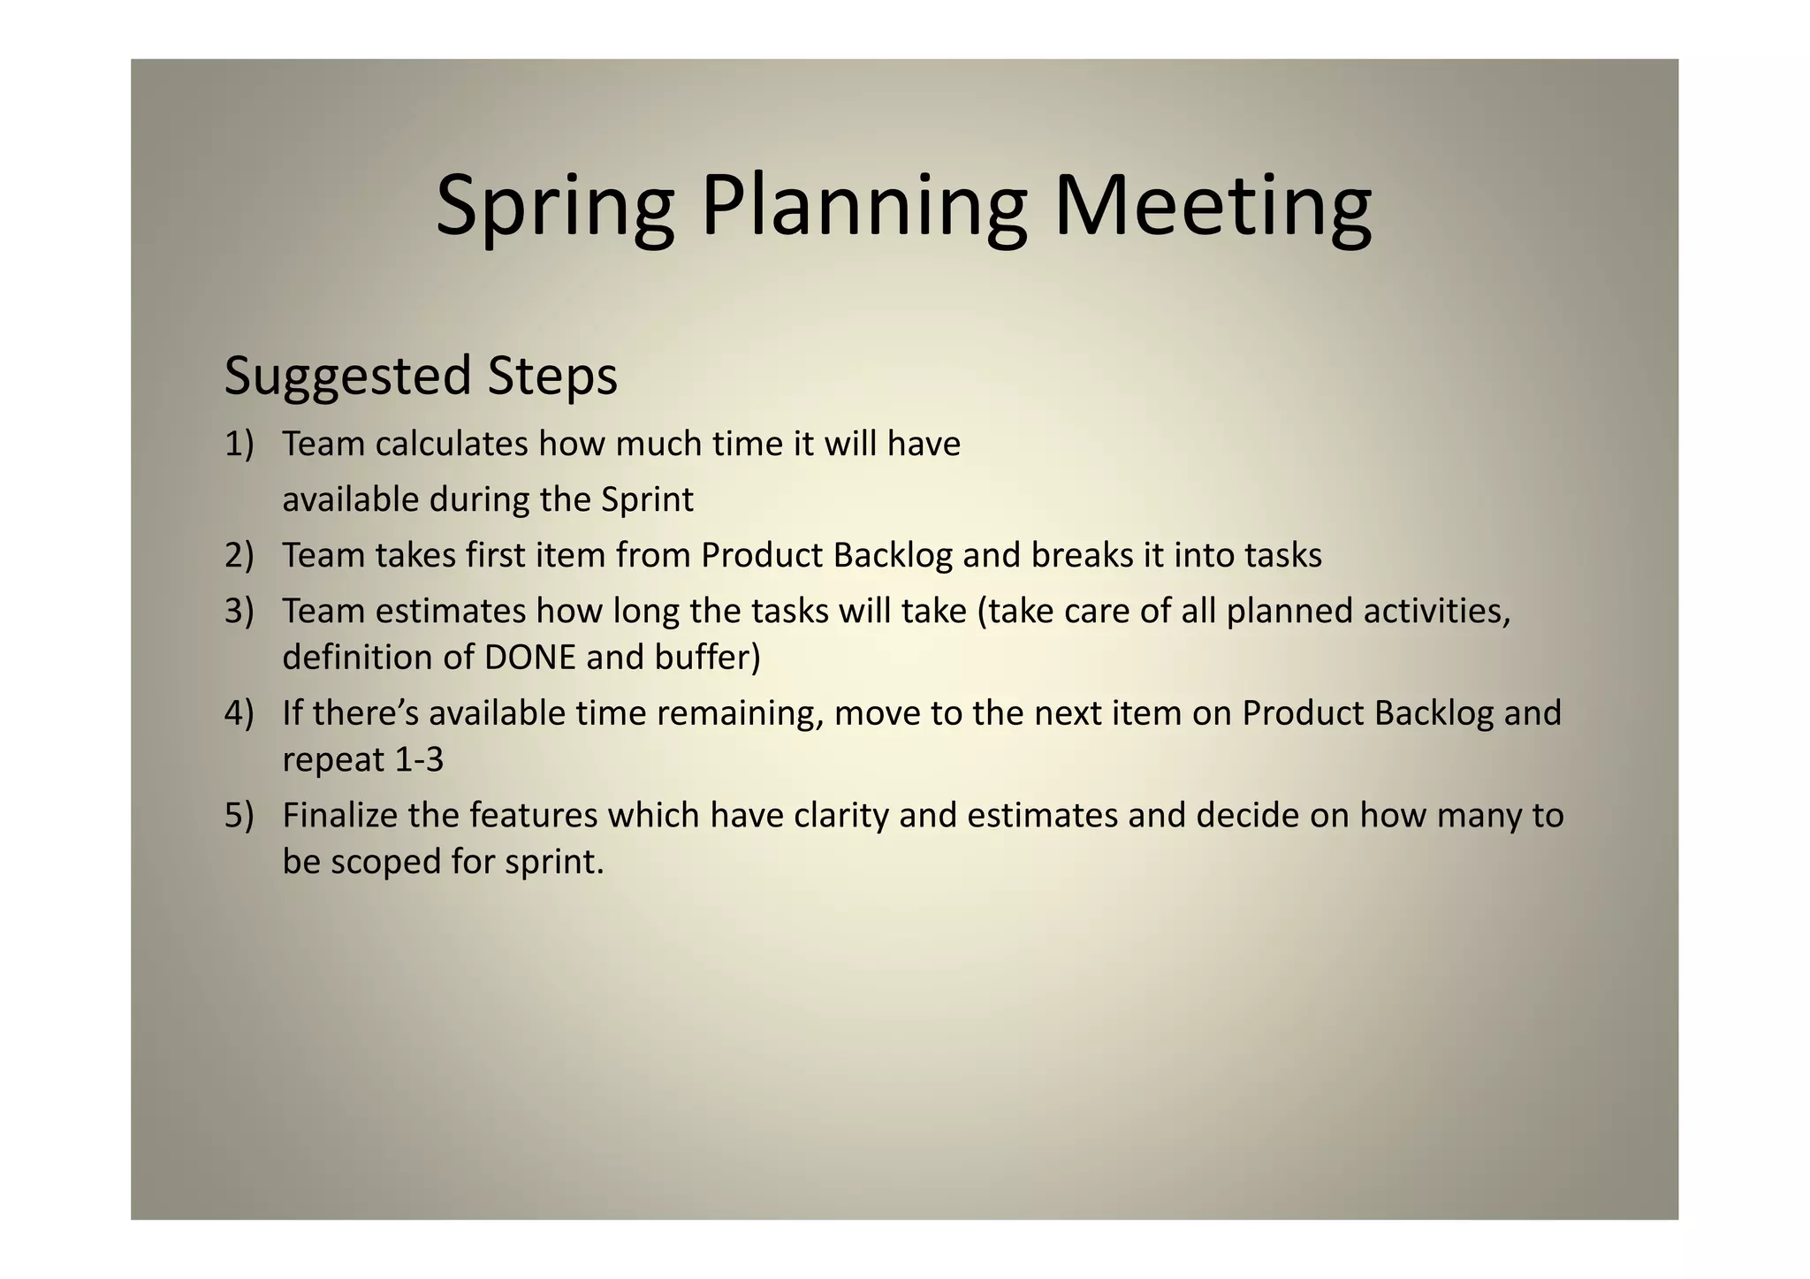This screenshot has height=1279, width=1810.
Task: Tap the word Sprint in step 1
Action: coord(647,500)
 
